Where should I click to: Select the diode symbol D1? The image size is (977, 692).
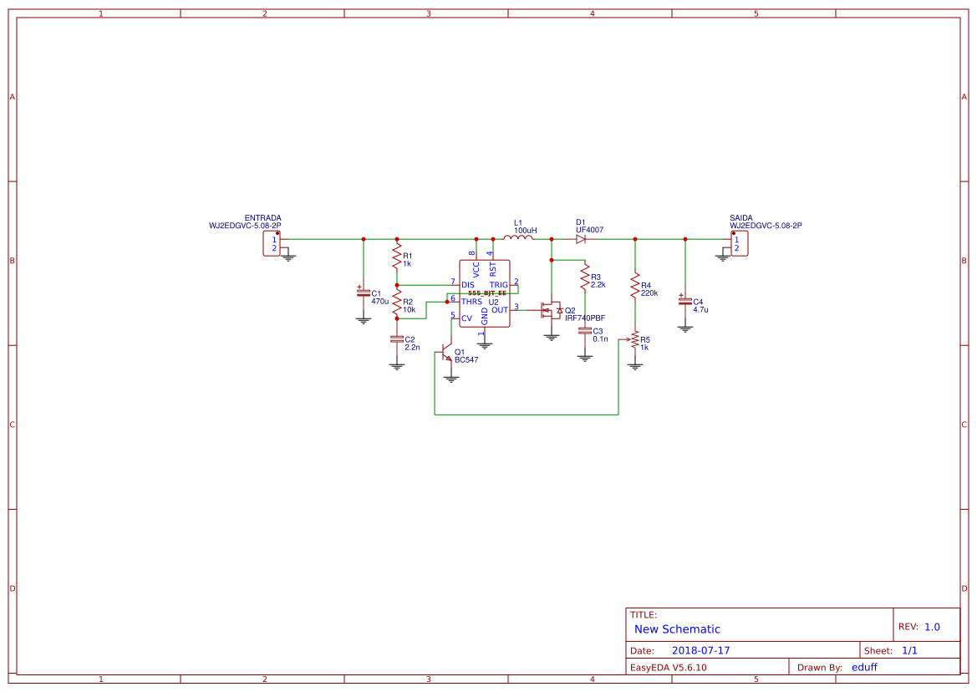[581, 239]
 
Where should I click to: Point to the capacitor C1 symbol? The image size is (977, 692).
[363, 293]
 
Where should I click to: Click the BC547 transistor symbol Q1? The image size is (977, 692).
[447, 354]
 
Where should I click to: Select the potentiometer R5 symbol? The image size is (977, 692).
[634, 340]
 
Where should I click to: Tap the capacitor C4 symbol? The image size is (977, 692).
[685, 299]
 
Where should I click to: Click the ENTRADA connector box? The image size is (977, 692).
[272, 243]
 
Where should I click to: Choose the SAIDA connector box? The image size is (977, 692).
[739, 243]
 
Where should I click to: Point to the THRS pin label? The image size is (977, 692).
[471, 301]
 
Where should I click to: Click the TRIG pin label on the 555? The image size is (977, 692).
[498, 285]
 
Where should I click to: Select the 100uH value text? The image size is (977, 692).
[525, 230]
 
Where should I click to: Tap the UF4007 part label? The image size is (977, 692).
[589, 230]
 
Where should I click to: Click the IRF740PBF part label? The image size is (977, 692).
[585, 318]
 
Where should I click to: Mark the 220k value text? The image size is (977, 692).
[649, 293]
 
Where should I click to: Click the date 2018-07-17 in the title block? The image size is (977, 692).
[700, 650]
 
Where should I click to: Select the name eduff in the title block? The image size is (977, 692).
[864, 667]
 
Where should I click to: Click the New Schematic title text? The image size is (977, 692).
[677, 629]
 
